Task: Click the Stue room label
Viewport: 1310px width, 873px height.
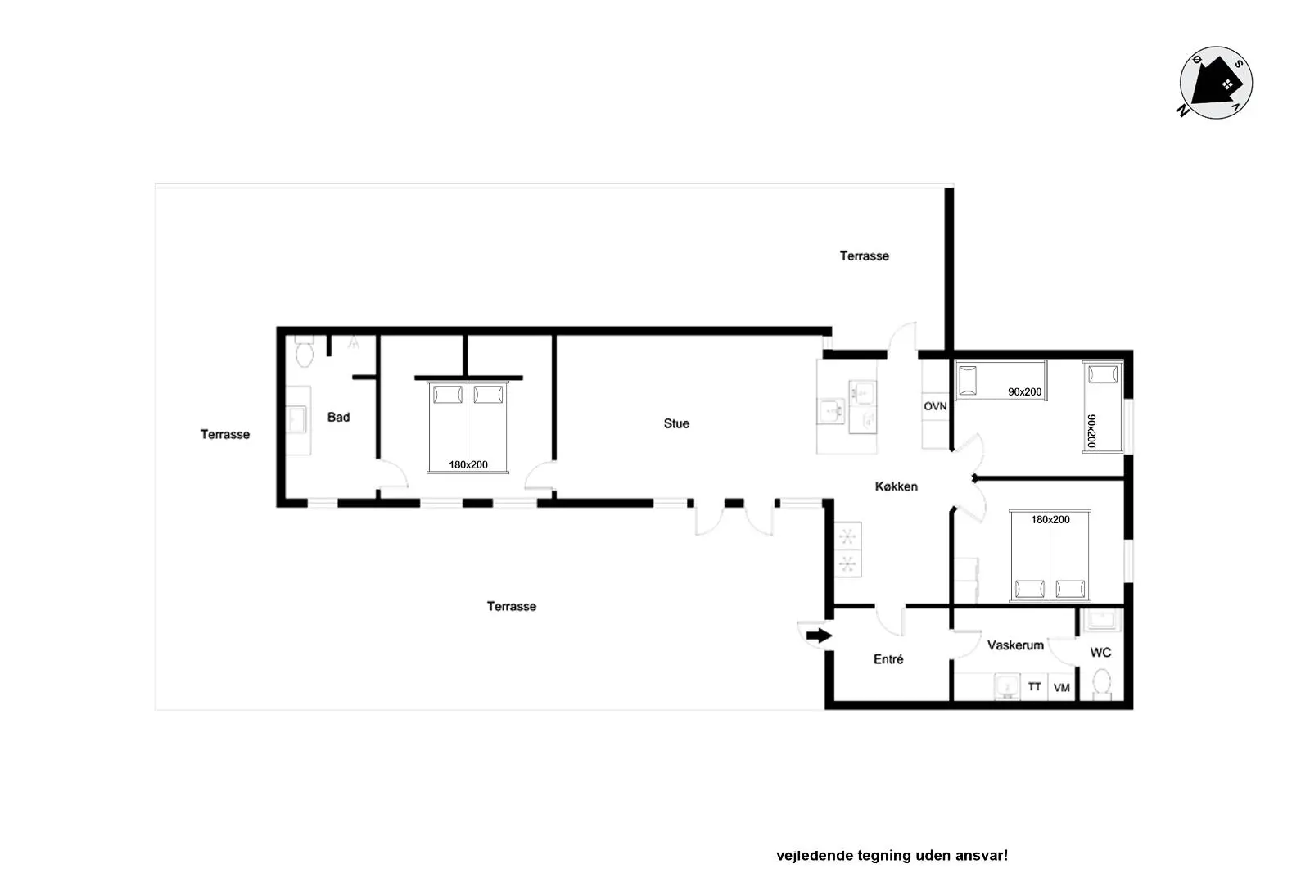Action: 676,423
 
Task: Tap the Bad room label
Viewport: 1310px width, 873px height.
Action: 339,417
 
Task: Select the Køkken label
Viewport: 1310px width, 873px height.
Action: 896,486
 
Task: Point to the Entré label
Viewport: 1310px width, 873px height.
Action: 888,659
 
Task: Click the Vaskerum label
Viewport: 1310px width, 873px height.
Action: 1015,645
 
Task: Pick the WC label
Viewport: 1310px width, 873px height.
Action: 1100,653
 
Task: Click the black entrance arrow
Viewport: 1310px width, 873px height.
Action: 819,636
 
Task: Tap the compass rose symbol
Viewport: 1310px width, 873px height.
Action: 1215,83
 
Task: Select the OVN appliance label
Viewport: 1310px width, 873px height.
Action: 935,406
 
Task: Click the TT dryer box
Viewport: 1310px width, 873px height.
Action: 1034,686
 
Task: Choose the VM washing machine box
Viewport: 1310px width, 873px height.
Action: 1061,687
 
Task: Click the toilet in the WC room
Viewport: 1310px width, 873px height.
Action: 1102,684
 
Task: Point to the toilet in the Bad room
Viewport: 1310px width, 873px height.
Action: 304,351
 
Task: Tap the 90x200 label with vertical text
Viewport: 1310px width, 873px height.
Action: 1091,431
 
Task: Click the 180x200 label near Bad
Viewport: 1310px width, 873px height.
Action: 468,464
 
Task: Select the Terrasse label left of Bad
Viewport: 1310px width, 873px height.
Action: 225,434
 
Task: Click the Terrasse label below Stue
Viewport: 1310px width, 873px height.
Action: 512,606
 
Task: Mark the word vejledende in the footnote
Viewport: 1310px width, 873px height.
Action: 814,856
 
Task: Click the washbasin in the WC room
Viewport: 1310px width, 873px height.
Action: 1102,620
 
